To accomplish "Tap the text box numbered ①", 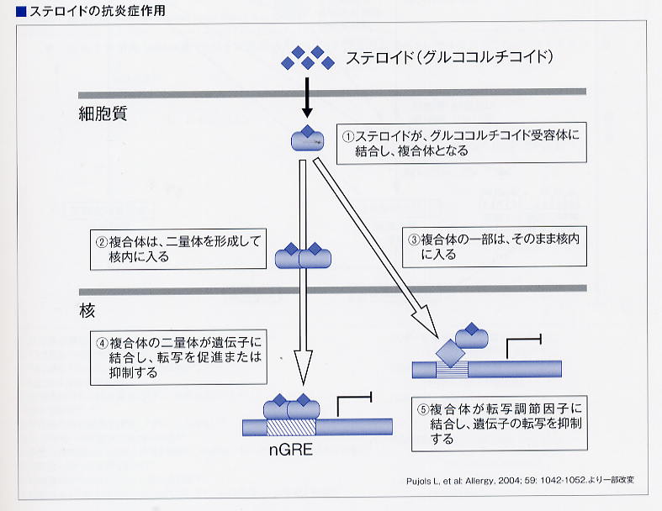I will coord(463,144).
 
